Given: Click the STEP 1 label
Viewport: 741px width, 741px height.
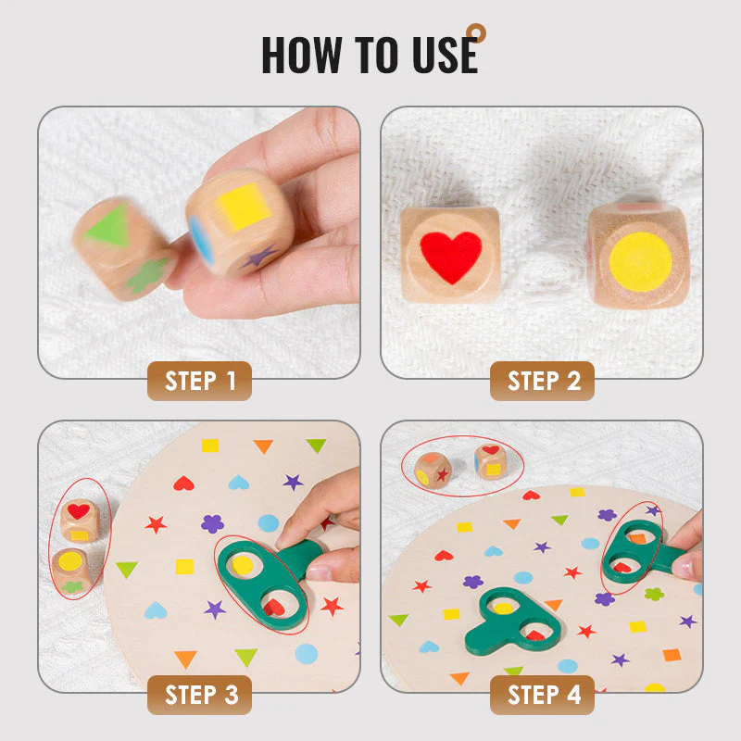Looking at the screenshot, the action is point(199,381).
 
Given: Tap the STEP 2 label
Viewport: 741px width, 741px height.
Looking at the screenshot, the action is point(542,381).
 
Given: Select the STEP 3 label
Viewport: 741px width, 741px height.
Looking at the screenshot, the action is point(199,695).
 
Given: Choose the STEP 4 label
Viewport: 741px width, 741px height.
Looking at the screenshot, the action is point(542,695).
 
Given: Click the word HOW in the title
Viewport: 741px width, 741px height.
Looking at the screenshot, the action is point(302,55).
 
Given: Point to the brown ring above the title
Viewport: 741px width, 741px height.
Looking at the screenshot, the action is point(476,33).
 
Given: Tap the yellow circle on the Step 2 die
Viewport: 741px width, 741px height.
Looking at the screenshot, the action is point(640,261).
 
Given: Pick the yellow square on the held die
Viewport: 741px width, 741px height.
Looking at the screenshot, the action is point(243,206).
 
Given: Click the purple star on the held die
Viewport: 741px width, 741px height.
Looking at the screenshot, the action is point(259,257).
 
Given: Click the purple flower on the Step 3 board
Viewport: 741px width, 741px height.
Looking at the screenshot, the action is point(213,523).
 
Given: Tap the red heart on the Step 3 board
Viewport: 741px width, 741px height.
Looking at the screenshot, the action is point(183,484).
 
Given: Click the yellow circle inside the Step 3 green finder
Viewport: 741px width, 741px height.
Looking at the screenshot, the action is point(243,565).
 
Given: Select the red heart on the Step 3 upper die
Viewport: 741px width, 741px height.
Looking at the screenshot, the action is point(79,511).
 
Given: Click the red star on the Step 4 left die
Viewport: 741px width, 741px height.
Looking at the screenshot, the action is point(443,474).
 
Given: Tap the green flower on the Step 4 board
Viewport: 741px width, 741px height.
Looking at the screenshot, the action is point(655,594).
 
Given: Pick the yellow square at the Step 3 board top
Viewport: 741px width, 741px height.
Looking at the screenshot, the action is point(210,446).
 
